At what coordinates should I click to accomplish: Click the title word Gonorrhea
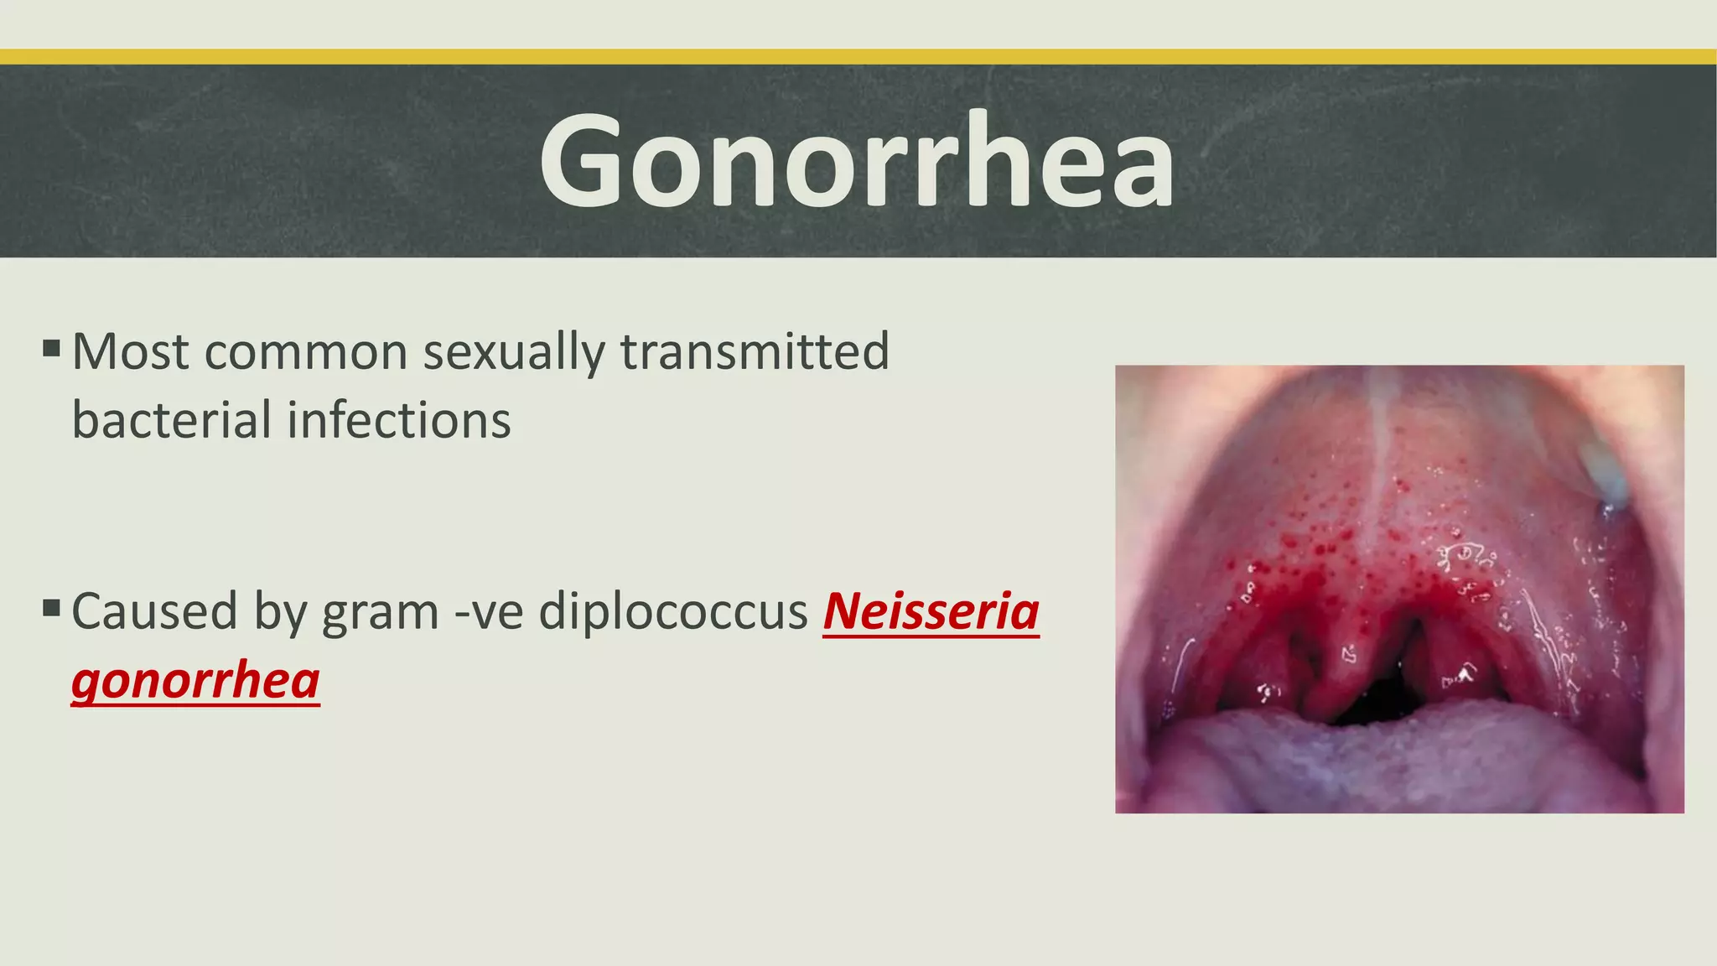point(857,160)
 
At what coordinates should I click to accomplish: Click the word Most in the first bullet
point(130,351)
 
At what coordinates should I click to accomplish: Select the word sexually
point(513,351)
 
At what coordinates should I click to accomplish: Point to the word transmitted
point(755,351)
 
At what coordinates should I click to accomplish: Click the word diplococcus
point(673,612)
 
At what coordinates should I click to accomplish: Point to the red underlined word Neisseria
point(931,612)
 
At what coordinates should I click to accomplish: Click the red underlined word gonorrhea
point(195,680)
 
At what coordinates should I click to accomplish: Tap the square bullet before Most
point(51,347)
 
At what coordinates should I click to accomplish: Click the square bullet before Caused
point(51,607)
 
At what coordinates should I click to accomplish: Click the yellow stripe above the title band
point(858,56)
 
